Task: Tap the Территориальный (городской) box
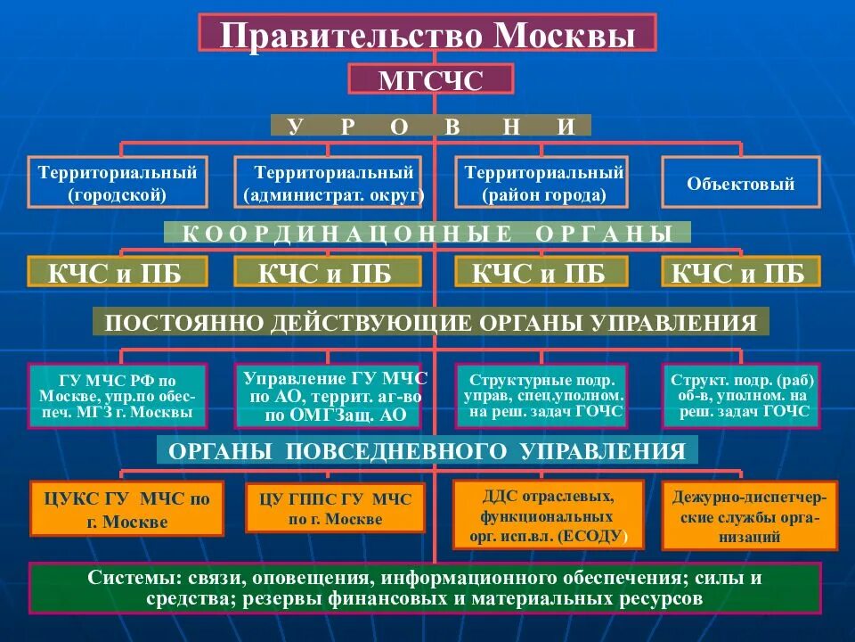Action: point(117,182)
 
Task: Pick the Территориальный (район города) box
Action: point(543,182)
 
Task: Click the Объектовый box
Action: point(740,184)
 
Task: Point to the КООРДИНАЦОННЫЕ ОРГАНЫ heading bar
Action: point(427,234)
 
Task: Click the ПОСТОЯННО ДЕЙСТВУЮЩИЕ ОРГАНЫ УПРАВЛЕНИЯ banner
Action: point(431,322)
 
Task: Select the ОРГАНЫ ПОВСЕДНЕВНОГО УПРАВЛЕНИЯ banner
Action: point(427,450)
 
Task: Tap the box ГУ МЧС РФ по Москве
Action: point(118,396)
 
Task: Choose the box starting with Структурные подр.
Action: point(543,396)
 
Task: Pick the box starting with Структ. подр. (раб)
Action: point(741,396)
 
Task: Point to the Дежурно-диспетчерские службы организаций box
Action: point(749,516)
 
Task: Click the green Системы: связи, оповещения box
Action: point(426,588)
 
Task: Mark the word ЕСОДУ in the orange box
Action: point(601,537)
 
